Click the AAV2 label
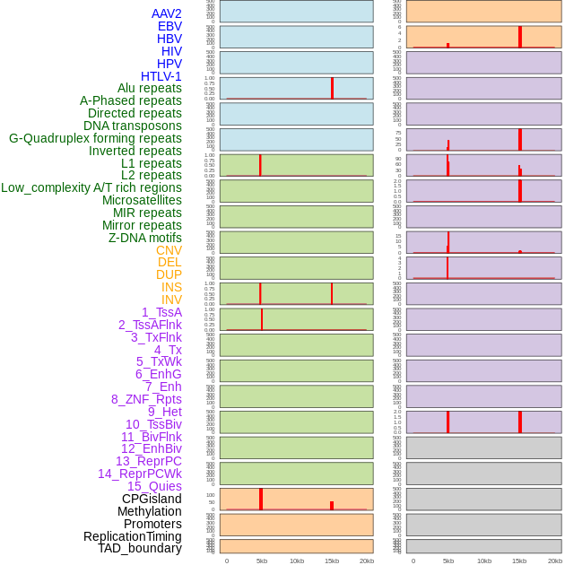tap(166, 13)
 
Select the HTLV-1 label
tap(161, 76)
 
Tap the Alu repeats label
tap(149, 88)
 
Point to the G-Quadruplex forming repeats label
tap(95, 138)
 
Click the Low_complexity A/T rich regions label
tap(91, 187)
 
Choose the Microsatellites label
tap(142, 200)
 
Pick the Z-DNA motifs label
tap(144, 238)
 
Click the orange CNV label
tap(169, 250)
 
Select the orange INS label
tap(171, 287)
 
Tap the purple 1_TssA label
tap(161, 312)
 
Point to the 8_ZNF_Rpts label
tap(146, 399)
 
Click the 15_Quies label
tap(153, 486)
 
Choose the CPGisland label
tap(152, 499)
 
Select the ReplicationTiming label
tap(133, 536)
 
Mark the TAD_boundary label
tap(139, 548)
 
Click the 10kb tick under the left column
tap(297, 561)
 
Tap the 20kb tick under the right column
tap(554, 561)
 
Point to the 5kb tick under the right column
tap(448, 561)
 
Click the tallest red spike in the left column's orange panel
tap(261, 499)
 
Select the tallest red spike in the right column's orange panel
tap(520, 37)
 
